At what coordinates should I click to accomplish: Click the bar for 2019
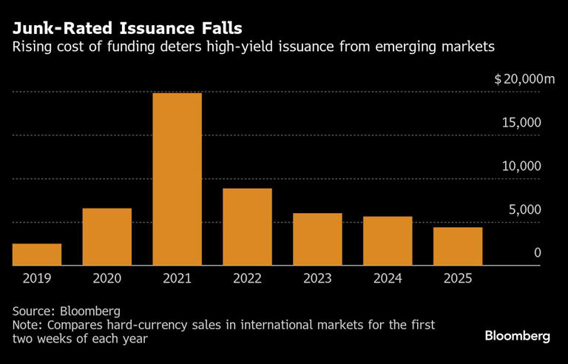(37, 254)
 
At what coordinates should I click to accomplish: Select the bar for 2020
(107, 237)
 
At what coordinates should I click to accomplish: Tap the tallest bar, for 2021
(177, 179)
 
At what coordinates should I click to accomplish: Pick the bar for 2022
(247, 226)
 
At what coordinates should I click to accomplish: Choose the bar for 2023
(317, 239)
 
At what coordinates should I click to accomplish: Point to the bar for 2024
(388, 240)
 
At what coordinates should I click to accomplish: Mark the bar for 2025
(458, 246)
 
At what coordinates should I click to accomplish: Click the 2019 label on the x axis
(37, 278)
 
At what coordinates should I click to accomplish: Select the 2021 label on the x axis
(177, 278)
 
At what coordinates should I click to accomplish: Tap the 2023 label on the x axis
(317, 278)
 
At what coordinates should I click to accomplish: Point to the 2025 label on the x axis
(458, 278)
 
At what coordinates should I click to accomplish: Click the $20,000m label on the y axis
(524, 79)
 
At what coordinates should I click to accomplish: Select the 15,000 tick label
(521, 123)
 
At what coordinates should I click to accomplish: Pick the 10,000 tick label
(521, 166)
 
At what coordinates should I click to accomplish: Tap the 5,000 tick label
(525, 209)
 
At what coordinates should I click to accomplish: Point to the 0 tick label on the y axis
(538, 253)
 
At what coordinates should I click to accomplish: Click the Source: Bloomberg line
(66, 311)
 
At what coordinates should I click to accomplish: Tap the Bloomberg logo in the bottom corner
(517, 336)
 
